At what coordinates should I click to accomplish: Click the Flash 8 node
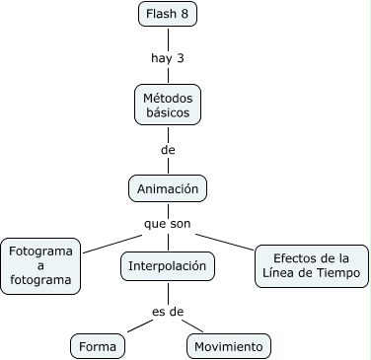point(167,14)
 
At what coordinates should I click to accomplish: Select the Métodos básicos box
point(167,105)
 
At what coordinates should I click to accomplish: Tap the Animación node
point(167,187)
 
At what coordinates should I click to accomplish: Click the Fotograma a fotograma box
point(40,265)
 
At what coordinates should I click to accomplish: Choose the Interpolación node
point(167,265)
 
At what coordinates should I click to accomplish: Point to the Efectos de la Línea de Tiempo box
point(312,265)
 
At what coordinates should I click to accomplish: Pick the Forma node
point(99,346)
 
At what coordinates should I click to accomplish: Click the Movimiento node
point(228,346)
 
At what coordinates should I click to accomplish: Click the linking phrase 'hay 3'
point(167,57)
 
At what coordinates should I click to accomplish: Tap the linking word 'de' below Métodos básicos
point(167,150)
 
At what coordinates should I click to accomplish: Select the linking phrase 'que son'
point(167,224)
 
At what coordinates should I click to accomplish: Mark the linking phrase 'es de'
point(168,312)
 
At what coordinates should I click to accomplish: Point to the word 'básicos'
point(167,113)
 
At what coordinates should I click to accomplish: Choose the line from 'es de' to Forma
point(139,326)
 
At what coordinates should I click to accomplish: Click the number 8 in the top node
point(184,14)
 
